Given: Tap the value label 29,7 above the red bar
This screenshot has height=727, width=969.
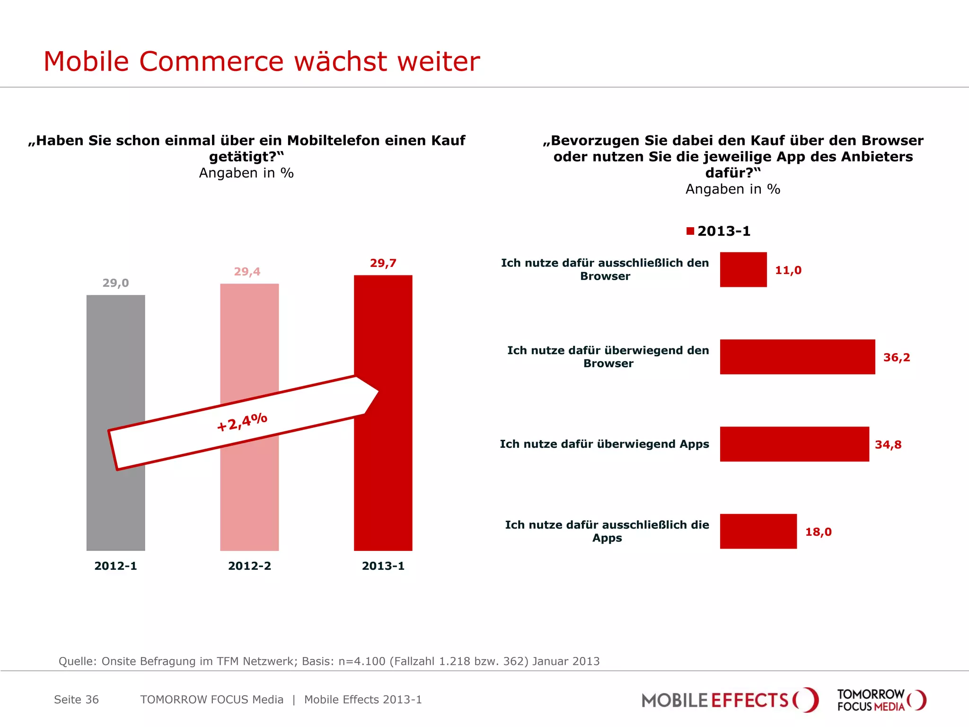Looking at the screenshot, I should (383, 263).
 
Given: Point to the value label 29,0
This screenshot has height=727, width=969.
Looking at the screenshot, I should (115, 283).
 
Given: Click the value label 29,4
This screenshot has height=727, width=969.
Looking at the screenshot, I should (247, 272).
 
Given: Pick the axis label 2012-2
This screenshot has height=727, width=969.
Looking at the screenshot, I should (249, 566).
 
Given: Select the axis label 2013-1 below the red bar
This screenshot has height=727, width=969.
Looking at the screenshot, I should (383, 566).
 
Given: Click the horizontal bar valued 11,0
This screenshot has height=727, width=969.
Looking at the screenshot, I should (743, 270).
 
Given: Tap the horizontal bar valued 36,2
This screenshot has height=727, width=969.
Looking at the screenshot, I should (797, 357).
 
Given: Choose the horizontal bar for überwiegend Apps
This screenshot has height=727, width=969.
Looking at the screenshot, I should (794, 444).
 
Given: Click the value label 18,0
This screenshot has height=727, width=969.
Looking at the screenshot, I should (818, 532).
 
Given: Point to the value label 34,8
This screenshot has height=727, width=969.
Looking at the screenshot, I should (888, 445).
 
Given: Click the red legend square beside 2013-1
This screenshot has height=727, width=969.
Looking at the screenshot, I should (690, 231).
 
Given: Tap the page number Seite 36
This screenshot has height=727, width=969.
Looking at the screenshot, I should (76, 700).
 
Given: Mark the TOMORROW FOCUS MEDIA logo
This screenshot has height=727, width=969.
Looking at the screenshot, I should (881, 700).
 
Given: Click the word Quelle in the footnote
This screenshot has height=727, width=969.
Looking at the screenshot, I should (77, 661).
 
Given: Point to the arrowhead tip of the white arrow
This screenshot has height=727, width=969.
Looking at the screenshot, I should (378, 392).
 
